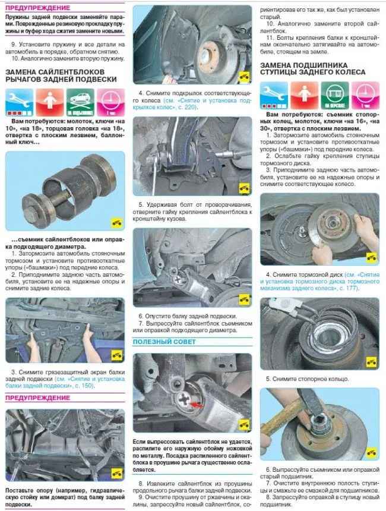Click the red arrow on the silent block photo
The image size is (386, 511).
(196, 405)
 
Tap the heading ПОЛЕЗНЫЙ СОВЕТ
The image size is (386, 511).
(164, 342)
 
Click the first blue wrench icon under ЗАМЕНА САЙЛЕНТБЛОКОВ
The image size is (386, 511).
(19, 102)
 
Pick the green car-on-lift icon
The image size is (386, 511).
(80, 102)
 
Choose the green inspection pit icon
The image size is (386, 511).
(335, 96)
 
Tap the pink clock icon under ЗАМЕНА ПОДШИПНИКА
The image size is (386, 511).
(365, 96)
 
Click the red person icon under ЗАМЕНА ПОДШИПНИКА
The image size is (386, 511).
(304, 96)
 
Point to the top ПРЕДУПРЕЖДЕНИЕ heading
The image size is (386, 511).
(38, 8)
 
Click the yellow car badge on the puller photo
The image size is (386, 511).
(116, 223)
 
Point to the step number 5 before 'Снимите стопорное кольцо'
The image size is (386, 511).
(268, 379)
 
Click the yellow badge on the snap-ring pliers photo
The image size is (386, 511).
(371, 362)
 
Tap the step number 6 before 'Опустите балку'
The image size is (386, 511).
(141, 316)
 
